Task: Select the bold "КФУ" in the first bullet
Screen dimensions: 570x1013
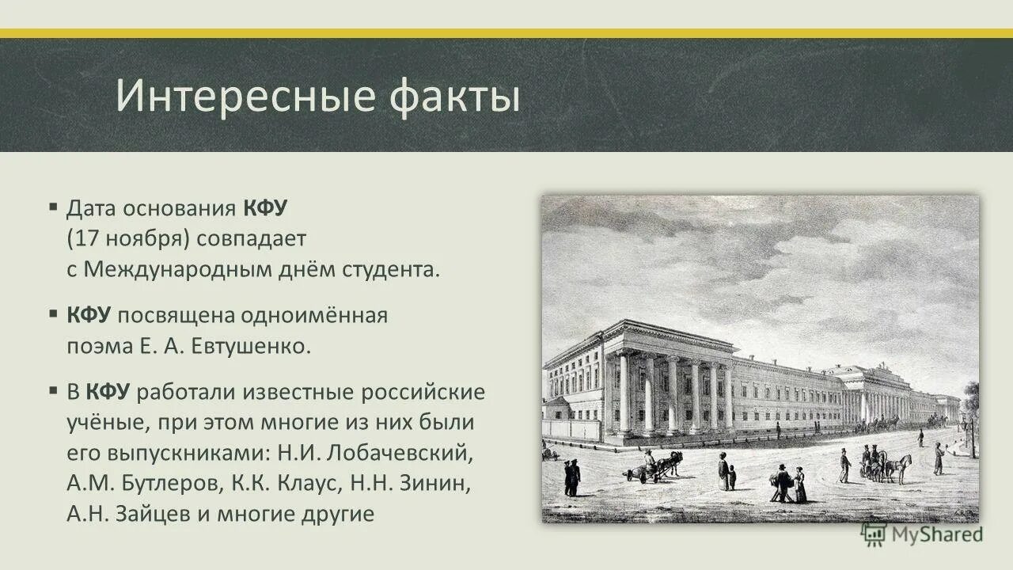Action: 265,209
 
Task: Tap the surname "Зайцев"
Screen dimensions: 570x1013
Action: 151,513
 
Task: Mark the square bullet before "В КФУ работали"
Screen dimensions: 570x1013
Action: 53,390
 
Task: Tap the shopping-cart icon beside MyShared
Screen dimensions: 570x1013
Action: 875,534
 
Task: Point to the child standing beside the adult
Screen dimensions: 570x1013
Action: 732,477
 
